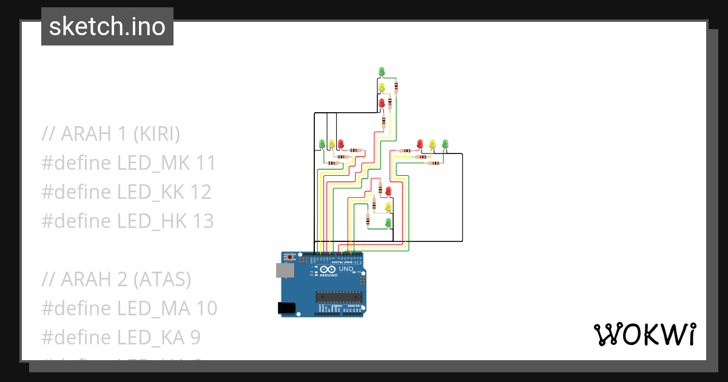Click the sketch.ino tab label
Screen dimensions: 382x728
(107, 27)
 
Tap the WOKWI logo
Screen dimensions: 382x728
(644, 334)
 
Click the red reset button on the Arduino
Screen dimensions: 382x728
(290, 257)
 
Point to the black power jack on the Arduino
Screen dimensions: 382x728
(286, 308)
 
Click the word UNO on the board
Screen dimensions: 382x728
(346, 269)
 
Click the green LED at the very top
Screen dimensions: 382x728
(382, 71)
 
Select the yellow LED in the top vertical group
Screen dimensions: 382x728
(382, 87)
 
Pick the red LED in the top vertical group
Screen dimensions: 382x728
(382, 103)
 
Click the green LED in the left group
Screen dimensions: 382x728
(322, 143)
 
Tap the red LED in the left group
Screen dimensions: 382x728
(341, 143)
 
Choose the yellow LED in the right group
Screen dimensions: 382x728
(433, 143)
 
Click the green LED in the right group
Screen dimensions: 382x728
(445, 143)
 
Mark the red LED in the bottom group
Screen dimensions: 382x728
(388, 190)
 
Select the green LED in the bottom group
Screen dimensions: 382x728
(388, 223)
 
